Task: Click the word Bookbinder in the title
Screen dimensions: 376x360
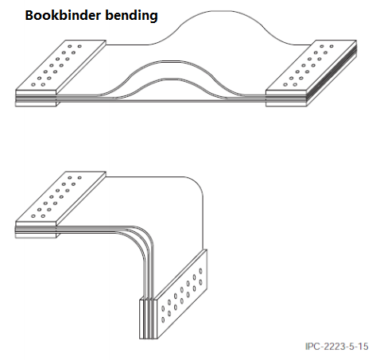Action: (63, 15)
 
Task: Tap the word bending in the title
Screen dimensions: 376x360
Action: (131, 16)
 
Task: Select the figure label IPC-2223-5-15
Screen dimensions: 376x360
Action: (336, 346)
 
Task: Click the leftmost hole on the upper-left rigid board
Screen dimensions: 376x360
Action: (33, 85)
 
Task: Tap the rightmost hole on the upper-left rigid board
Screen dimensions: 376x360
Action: (79, 46)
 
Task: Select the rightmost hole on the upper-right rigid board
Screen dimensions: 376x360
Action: (331, 46)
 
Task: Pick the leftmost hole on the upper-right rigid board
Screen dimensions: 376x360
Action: (285, 85)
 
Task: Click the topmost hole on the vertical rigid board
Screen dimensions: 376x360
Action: (200, 271)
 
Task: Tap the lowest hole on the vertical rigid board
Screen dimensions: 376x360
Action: (163, 320)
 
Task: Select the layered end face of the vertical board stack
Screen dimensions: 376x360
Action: (148, 319)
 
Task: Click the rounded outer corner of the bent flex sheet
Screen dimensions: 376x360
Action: (196, 184)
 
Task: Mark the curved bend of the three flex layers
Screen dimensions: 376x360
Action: (140, 238)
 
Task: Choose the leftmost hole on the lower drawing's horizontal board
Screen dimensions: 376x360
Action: (33, 216)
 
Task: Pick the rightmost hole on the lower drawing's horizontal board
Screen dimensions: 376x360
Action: (79, 178)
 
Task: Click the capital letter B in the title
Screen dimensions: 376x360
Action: (29, 15)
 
